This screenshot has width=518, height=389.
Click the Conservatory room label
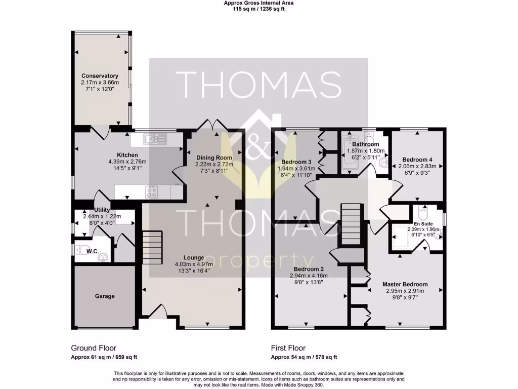(x=100, y=76)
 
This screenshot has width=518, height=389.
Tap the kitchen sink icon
(x=152, y=138)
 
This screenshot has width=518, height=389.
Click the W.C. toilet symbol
(x=81, y=250)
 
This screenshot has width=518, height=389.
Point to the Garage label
(x=105, y=296)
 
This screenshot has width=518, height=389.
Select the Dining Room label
(x=214, y=158)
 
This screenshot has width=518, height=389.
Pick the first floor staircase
(x=351, y=224)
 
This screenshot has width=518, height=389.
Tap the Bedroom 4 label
(x=417, y=159)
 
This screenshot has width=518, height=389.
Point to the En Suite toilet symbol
(x=423, y=211)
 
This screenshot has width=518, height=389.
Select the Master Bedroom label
(x=405, y=284)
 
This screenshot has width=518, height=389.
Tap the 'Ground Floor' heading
(x=94, y=348)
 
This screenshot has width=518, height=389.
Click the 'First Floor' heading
(x=288, y=348)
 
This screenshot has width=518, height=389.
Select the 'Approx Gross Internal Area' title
(x=258, y=3)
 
